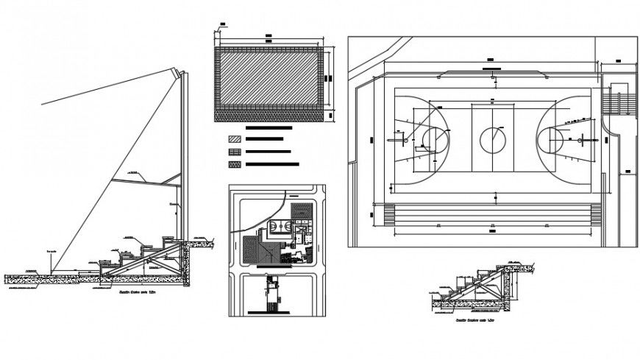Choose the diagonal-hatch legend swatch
[235, 138]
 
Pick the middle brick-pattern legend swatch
[235, 151]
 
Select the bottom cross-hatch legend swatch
[235, 163]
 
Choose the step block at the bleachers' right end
[597, 214]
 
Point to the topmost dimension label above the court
[487, 58]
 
